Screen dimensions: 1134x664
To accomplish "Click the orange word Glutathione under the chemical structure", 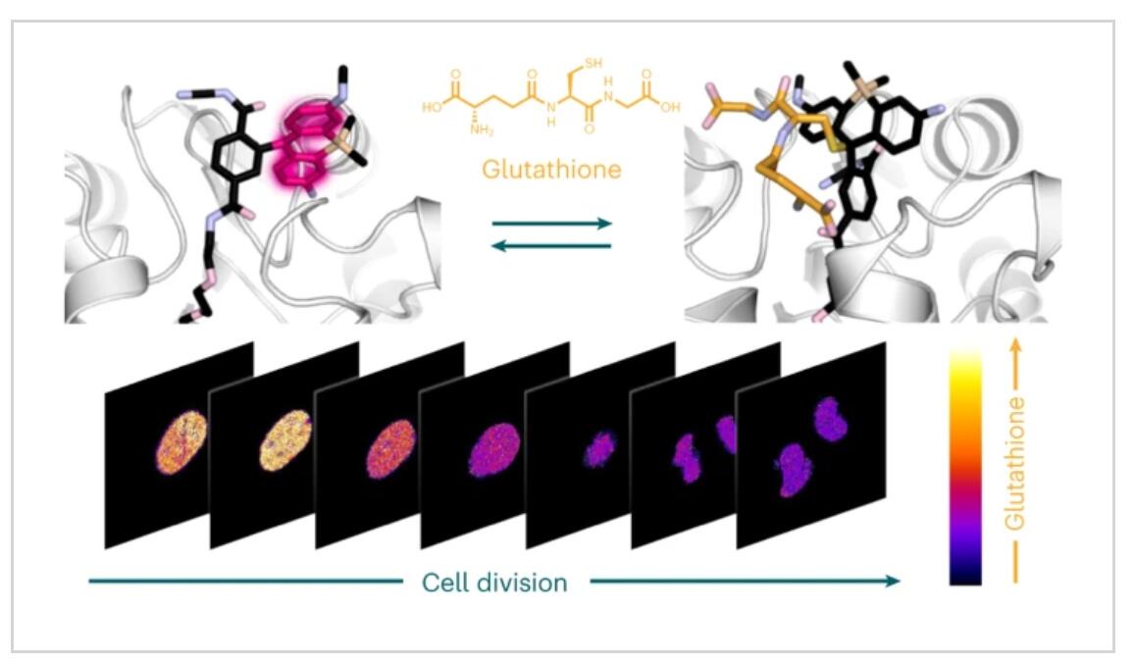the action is pos(551,170).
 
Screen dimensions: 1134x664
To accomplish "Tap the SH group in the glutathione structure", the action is pos(593,64).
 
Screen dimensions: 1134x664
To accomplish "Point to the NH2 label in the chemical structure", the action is pos(482,130).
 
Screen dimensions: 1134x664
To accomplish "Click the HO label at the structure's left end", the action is pos(433,108).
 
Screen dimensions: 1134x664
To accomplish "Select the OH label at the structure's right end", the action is pos(670,108).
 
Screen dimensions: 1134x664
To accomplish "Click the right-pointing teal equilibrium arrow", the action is pos(552,224).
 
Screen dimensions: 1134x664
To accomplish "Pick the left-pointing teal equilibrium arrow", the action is pos(552,246).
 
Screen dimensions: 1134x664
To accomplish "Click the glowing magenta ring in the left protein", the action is pos(307,147).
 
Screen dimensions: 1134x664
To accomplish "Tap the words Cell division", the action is pos(494,583).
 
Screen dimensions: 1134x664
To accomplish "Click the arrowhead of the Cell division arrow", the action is pos(894,581).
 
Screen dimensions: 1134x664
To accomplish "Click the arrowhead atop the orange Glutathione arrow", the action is pos(1015,343).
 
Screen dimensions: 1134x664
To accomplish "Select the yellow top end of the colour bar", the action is pos(965,359).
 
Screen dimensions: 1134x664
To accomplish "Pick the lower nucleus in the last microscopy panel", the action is pos(794,470).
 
